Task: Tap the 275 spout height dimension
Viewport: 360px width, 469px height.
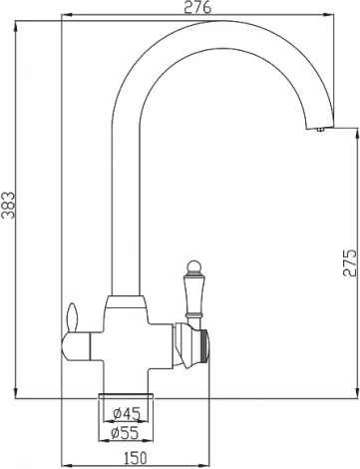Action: pos(349,261)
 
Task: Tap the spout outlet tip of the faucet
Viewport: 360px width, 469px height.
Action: pos(318,127)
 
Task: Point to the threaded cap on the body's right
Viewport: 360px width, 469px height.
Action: pos(205,343)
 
